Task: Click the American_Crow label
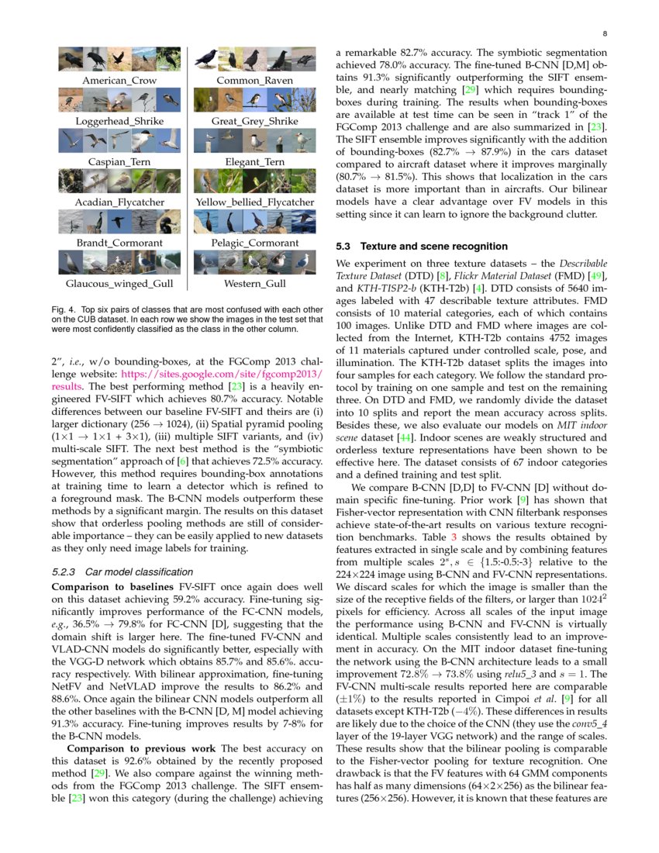119,81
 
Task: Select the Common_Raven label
254,81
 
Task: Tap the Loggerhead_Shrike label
119,122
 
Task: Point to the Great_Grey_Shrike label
254,122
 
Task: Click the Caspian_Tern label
119,162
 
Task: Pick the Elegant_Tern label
254,162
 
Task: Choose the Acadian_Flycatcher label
119,202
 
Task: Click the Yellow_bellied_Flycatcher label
254,202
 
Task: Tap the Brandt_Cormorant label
119,243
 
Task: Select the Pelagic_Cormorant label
254,243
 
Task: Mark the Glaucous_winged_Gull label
119,284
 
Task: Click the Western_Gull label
254,284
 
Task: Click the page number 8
604,34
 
